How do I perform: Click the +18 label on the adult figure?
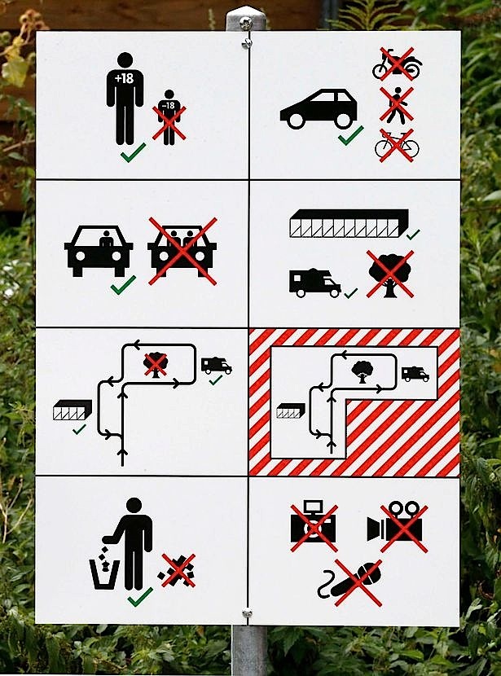(124, 78)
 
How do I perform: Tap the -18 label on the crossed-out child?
(169, 105)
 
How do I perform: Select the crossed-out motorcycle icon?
(397, 64)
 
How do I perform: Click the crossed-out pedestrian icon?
(397, 105)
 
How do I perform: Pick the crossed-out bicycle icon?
(397, 145)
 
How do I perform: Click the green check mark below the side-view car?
(351, 135)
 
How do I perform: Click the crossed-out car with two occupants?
(182, 251)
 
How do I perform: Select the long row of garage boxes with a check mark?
(349, 224)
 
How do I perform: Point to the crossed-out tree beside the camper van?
(390, 274)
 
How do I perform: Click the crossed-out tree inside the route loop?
(156, 365)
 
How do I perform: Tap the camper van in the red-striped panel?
(415, 373)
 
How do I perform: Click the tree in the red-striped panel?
(362, 371)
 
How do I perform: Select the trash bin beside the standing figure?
(104, 573)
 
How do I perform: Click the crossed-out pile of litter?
(178, 570)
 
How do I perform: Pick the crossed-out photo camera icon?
(314, 525)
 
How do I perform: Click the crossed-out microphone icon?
(351, 582)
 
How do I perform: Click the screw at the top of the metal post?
(245, 21)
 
